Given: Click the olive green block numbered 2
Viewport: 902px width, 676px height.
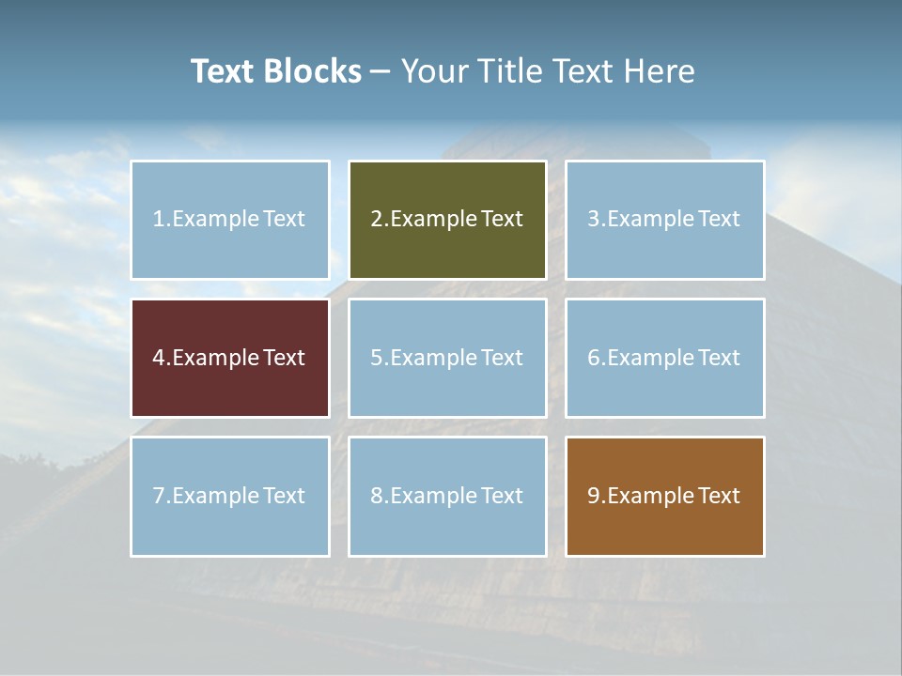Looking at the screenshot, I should click(447, 220).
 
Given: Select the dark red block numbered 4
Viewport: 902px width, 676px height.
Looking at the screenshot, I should click(230, 358).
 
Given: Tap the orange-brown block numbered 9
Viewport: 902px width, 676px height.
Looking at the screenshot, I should click(664, 496).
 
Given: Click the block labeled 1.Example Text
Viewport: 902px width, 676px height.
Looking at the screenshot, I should click(230, 220).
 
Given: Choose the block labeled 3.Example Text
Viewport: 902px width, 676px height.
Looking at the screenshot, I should click(664, 220).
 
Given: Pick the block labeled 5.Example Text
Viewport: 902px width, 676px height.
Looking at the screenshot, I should click(447, 358).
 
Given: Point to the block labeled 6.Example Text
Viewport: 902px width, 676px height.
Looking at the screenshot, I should click(664, 358).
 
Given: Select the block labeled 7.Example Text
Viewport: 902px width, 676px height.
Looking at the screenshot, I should click(230, 496).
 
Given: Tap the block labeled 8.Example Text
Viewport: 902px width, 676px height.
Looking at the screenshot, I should click(447, 496).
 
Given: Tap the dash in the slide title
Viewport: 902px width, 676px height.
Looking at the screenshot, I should click(381, 72).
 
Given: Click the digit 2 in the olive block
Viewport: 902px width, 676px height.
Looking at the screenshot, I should click(376, 220).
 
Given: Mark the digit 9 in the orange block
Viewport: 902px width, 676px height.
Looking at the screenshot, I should click(593, 496).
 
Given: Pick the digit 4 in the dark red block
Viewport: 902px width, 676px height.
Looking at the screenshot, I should click(159, 358).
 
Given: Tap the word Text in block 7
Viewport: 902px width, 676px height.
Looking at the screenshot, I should click(285, 496).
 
